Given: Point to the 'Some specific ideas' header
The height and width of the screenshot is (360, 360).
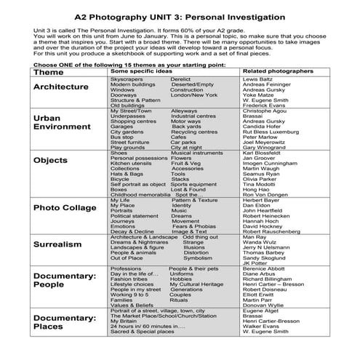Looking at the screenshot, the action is pos(145,72).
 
